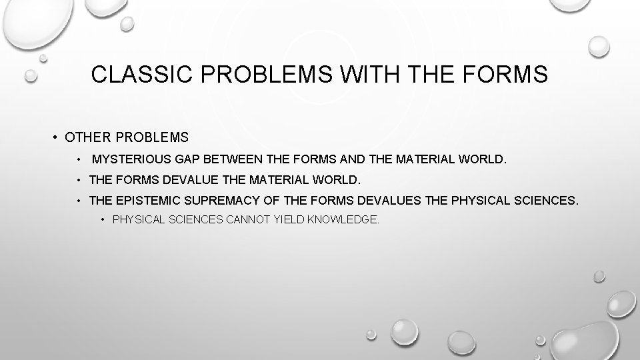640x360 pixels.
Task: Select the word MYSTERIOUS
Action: (x=131, y=160)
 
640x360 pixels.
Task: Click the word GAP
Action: (x=188, y=160)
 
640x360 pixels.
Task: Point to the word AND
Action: (x=355, y=160)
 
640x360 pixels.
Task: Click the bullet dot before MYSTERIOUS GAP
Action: (x=79, y=160)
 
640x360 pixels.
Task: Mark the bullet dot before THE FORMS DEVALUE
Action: (x=79, y=180)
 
